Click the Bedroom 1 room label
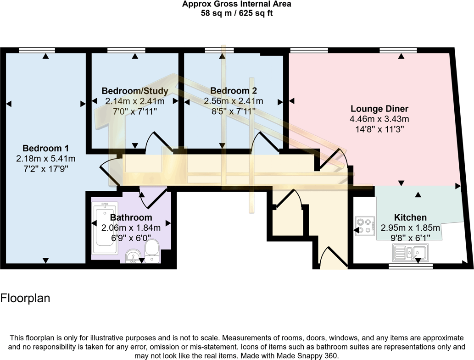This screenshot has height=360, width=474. (x=45, y=148)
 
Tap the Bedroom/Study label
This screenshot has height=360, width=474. (x=135, y=91)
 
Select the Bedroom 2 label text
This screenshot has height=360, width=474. (x=234, y=91)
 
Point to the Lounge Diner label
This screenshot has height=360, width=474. (x=379, y=109)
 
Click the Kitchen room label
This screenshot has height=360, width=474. (x=410, y=217)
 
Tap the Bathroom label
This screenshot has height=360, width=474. (x=131, y=217)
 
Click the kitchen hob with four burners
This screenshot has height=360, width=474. (x=365, y=226)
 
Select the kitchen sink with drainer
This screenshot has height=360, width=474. (x=410, y=253)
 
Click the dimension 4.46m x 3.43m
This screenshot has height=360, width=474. (x=379, y=119)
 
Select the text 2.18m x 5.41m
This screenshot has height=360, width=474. (x=45, y=159)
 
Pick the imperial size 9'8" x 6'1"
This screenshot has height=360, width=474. (x=410, y=238)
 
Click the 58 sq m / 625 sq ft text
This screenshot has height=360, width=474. (x=237, y=13)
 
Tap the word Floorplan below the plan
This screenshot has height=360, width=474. (x=25, y=298)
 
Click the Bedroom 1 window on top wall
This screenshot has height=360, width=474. (x=37, y=50)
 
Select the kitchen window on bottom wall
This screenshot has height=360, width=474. (x=410, y=266)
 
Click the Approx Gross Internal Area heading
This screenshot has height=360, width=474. (x=237, y=4)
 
